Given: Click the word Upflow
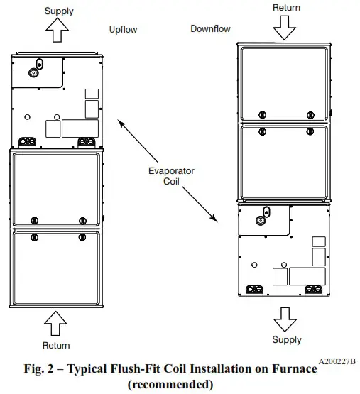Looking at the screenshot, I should pos(123,30).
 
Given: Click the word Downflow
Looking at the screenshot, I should pos(211,28).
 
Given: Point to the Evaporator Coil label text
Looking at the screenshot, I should pos(170,176).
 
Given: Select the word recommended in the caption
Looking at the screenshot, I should pos(170,384).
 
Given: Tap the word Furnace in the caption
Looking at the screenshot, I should pos(292,370).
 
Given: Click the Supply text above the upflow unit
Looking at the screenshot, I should pos(58,11).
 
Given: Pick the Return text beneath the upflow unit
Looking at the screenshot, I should pos(55,345).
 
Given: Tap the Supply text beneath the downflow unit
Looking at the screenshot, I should pos(286,339).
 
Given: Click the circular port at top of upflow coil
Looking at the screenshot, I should pos(33,72).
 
